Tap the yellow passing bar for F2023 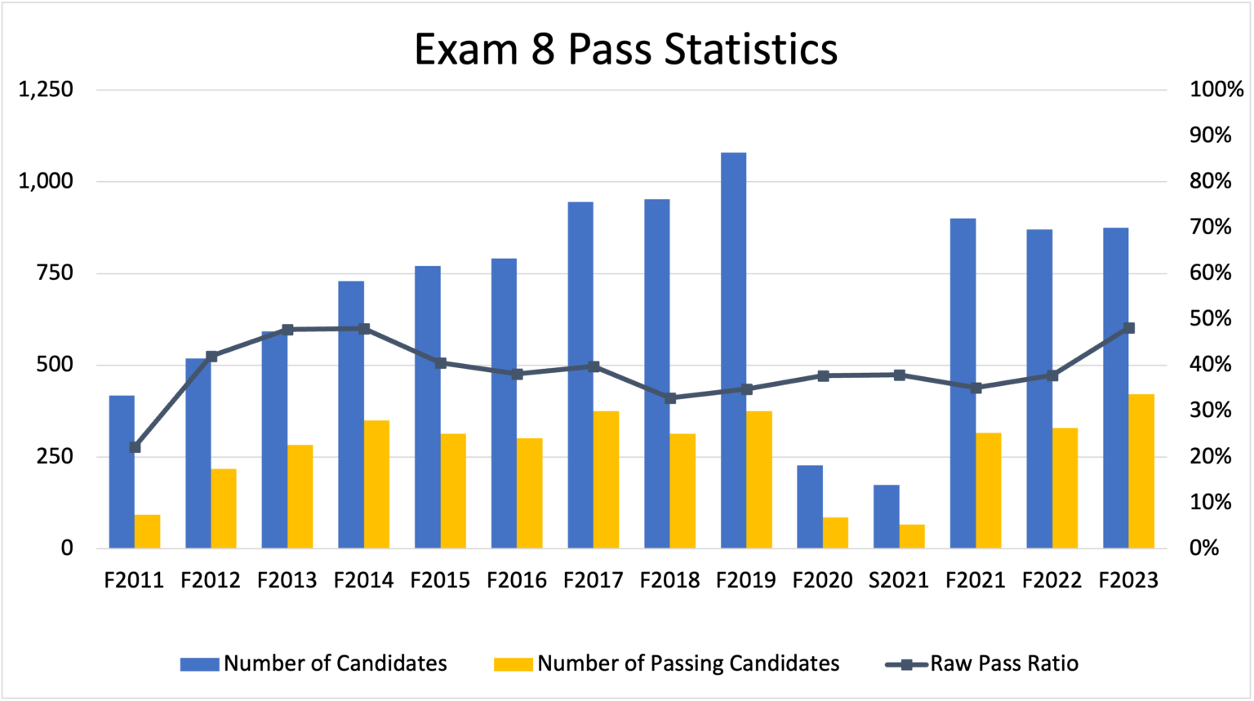pyautogui.click(x=1141, y=470)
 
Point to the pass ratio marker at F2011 pyautogui.click(x=135, y=447)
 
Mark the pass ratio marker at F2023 pyautogui.click(x=1129, y=328)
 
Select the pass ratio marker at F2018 pyautogui.click(x=670, y=398)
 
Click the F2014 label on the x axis pyautogui.click(x=364, y=580)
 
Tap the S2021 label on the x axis pyautogui.click(x=899, y=580)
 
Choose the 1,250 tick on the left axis pyautogui.click(x=46, y=91)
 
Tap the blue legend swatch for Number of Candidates pyautogui.click(x=199, y=663)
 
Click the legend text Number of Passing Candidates pyautogui.click(x=688, y=663)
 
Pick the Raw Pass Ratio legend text pyautogui.click(x=1004, y=663)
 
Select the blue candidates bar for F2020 pyautogui.click(x=810, y=506)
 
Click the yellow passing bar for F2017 pyautogui.click(x=606, y=479)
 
